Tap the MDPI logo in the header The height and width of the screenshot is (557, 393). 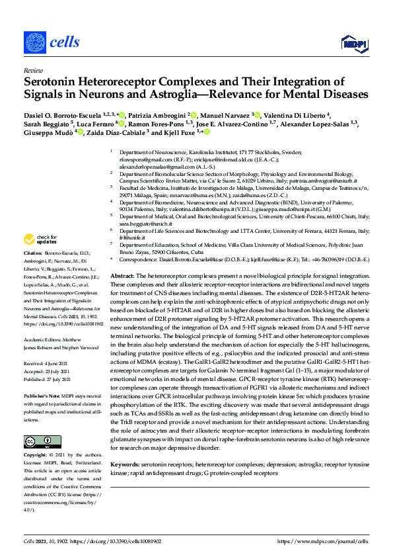coord(352,44)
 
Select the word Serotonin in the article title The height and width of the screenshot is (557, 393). coord(52,82)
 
